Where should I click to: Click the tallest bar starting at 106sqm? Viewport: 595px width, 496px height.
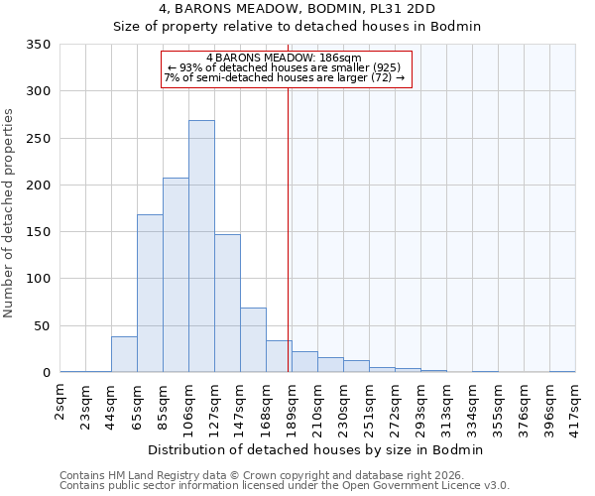(x=201, y=246)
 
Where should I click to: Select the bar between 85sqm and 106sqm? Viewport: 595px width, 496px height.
(x=176, y=275)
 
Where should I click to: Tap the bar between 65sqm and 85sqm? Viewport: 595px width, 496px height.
(x=150, y=294)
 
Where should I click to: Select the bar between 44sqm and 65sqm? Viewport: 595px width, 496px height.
(x=124, y=354)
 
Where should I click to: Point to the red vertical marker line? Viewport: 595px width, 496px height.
(x=289, y=228)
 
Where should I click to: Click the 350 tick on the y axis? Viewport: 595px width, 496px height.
(x=39, y=45)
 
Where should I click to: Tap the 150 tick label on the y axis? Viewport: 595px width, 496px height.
(x=39, y=232)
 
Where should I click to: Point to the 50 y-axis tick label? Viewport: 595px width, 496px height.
(x=43, y=326)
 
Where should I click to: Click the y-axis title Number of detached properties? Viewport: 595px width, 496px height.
(x=9, y=213)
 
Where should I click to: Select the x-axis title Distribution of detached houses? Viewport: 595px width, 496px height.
(x=317, y=449)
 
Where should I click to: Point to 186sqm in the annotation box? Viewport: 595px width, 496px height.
(x=341, y=58)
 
